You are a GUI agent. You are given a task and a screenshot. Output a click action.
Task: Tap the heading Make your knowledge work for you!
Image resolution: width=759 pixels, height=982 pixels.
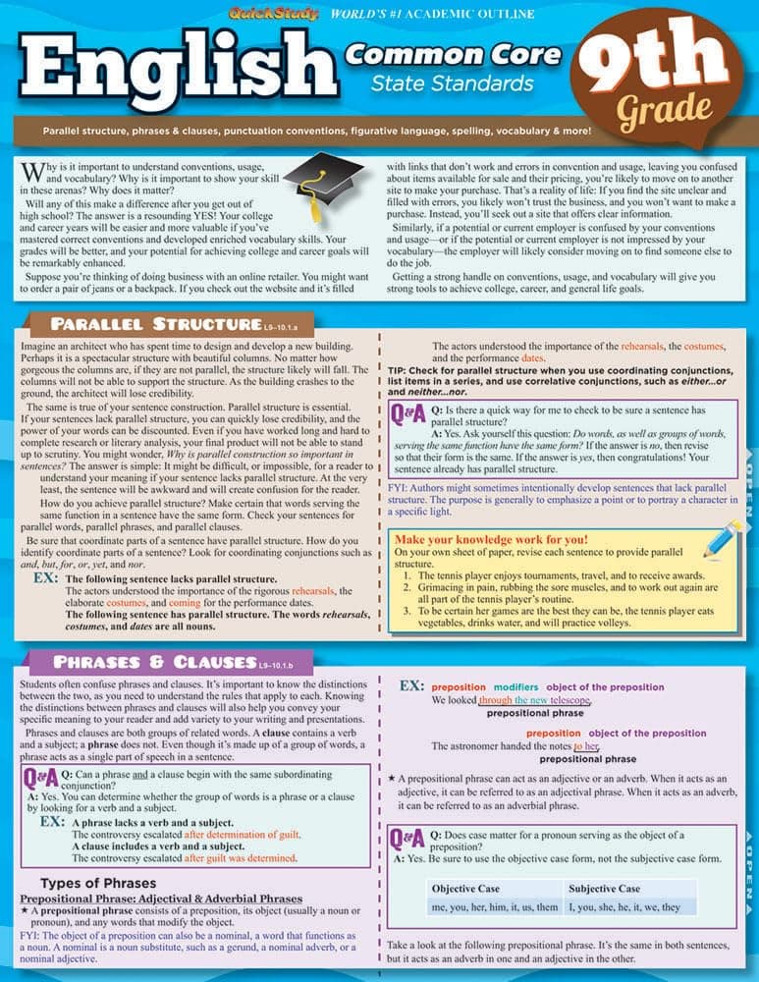pyautogui.click(x=491, y=539)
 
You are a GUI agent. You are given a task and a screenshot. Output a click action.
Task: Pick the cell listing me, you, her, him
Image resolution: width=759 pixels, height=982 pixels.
pyautogui.click(x=481, y=907)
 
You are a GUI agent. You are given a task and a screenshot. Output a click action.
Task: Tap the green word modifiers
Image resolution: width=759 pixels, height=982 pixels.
pyautogui.click(x=515, y=686)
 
